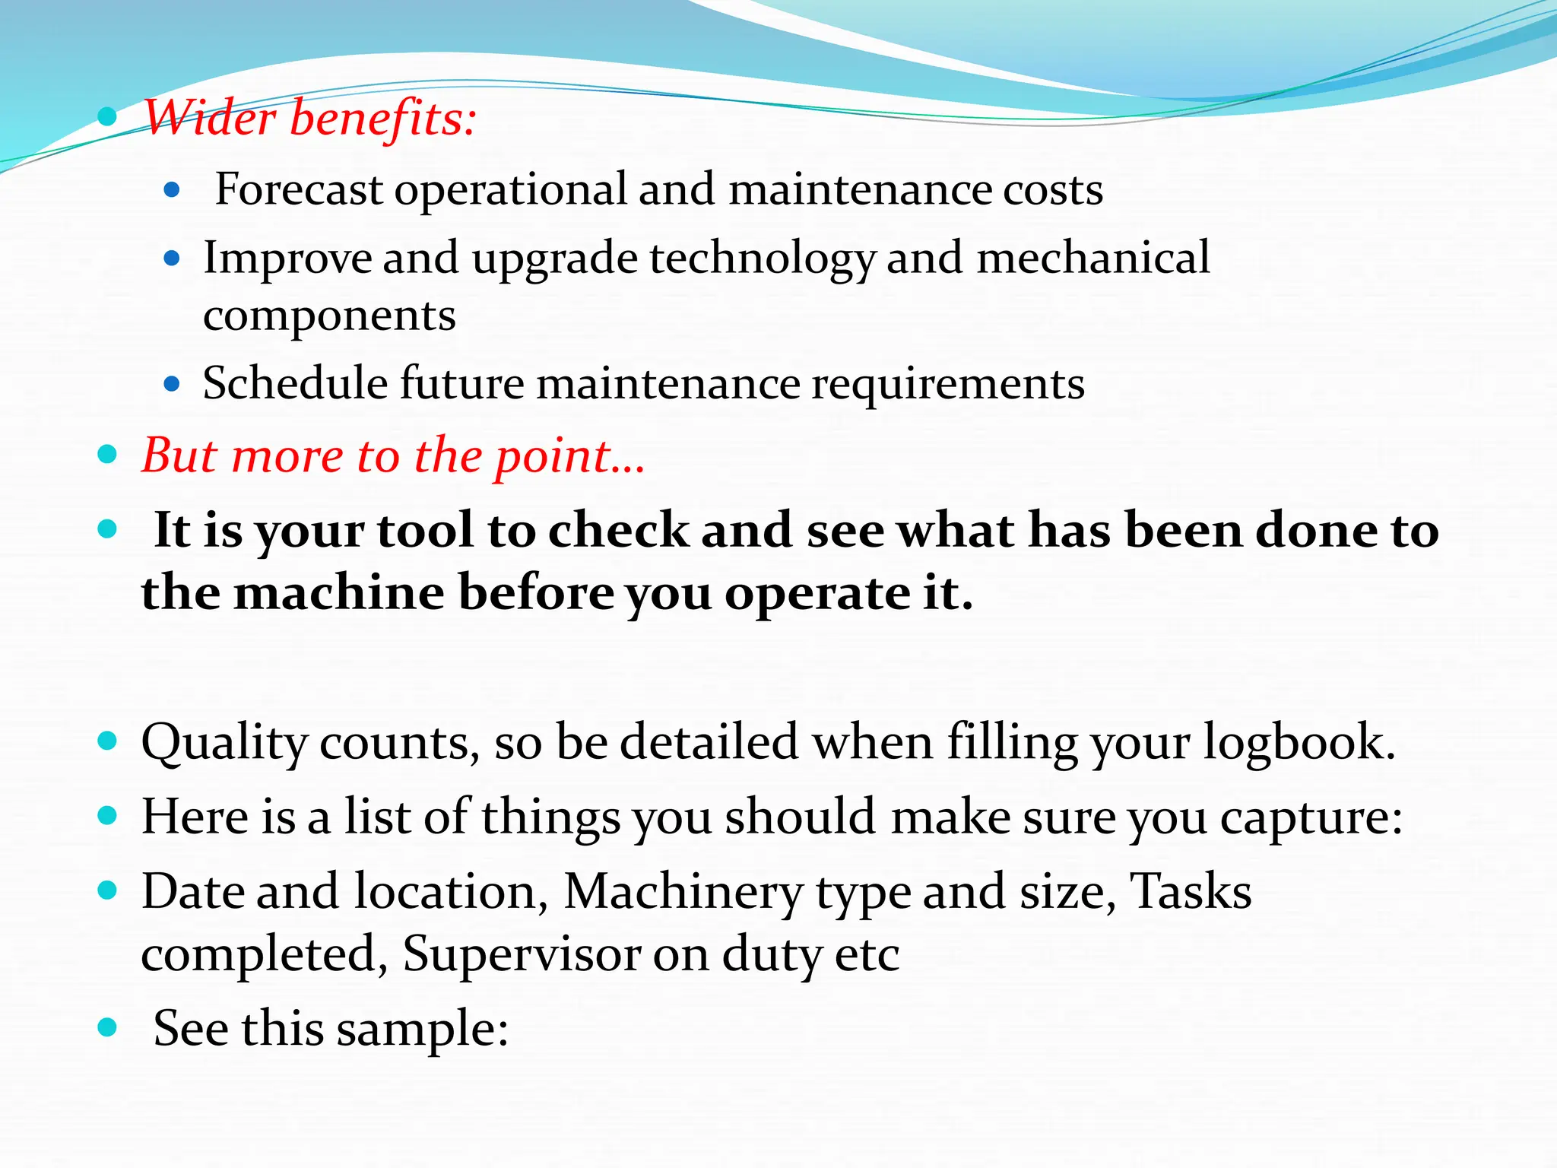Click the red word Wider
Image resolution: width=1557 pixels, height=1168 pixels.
210,119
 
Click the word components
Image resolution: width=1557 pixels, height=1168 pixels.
329,316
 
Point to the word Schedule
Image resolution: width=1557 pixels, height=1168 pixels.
295,382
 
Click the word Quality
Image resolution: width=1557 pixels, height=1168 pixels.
224,743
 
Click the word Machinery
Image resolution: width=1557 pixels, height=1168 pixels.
683,892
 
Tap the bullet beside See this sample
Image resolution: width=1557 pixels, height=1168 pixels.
107,1028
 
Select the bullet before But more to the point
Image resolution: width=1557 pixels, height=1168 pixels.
107,455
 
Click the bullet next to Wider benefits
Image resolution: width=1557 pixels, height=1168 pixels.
107,117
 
